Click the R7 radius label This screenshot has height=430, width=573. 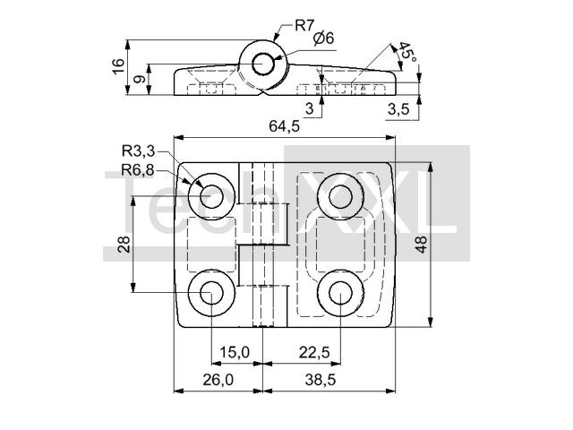(304, 26)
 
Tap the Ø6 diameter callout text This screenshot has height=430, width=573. (324, 39)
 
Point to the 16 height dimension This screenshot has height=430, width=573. (118, 67)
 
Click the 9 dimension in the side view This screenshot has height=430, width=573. (140, 79)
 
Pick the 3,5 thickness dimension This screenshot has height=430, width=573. (398, 109)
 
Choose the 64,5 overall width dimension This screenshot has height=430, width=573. (285, 126)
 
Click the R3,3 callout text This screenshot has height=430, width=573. (139, 150)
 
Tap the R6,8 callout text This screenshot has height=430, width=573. (138, 170)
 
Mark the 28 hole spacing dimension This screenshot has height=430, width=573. (124, 245)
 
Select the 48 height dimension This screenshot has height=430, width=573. (421, 245)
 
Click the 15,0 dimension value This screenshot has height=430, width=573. (235, 352)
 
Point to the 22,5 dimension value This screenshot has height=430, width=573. (314, 352)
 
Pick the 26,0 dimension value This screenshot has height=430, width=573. (218, 380)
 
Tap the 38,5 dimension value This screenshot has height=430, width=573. (321, 380)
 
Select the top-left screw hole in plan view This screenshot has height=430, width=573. (212, 196)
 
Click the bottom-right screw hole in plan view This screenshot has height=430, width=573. (340, 293)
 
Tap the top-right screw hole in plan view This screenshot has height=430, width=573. (340, 196)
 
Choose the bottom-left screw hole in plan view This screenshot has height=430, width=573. (212, 293)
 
